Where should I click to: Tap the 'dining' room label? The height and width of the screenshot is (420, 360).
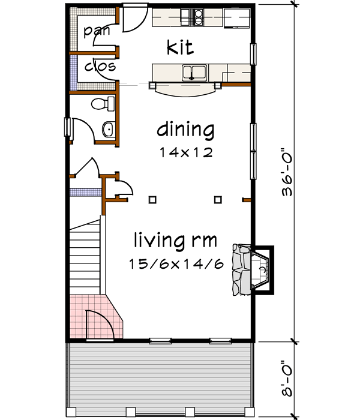(x=185, y=130)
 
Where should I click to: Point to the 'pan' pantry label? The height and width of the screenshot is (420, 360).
(x=96, y=31)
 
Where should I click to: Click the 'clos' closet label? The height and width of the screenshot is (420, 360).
(x=100, y=65)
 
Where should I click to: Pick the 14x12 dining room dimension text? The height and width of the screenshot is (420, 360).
(x=186, y=152)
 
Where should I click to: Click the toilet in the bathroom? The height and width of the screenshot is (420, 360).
(x=102, y=104)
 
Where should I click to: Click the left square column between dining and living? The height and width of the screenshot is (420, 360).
(x=153, y=199)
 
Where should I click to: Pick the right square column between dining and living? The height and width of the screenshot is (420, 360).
(x=218, y=199)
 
